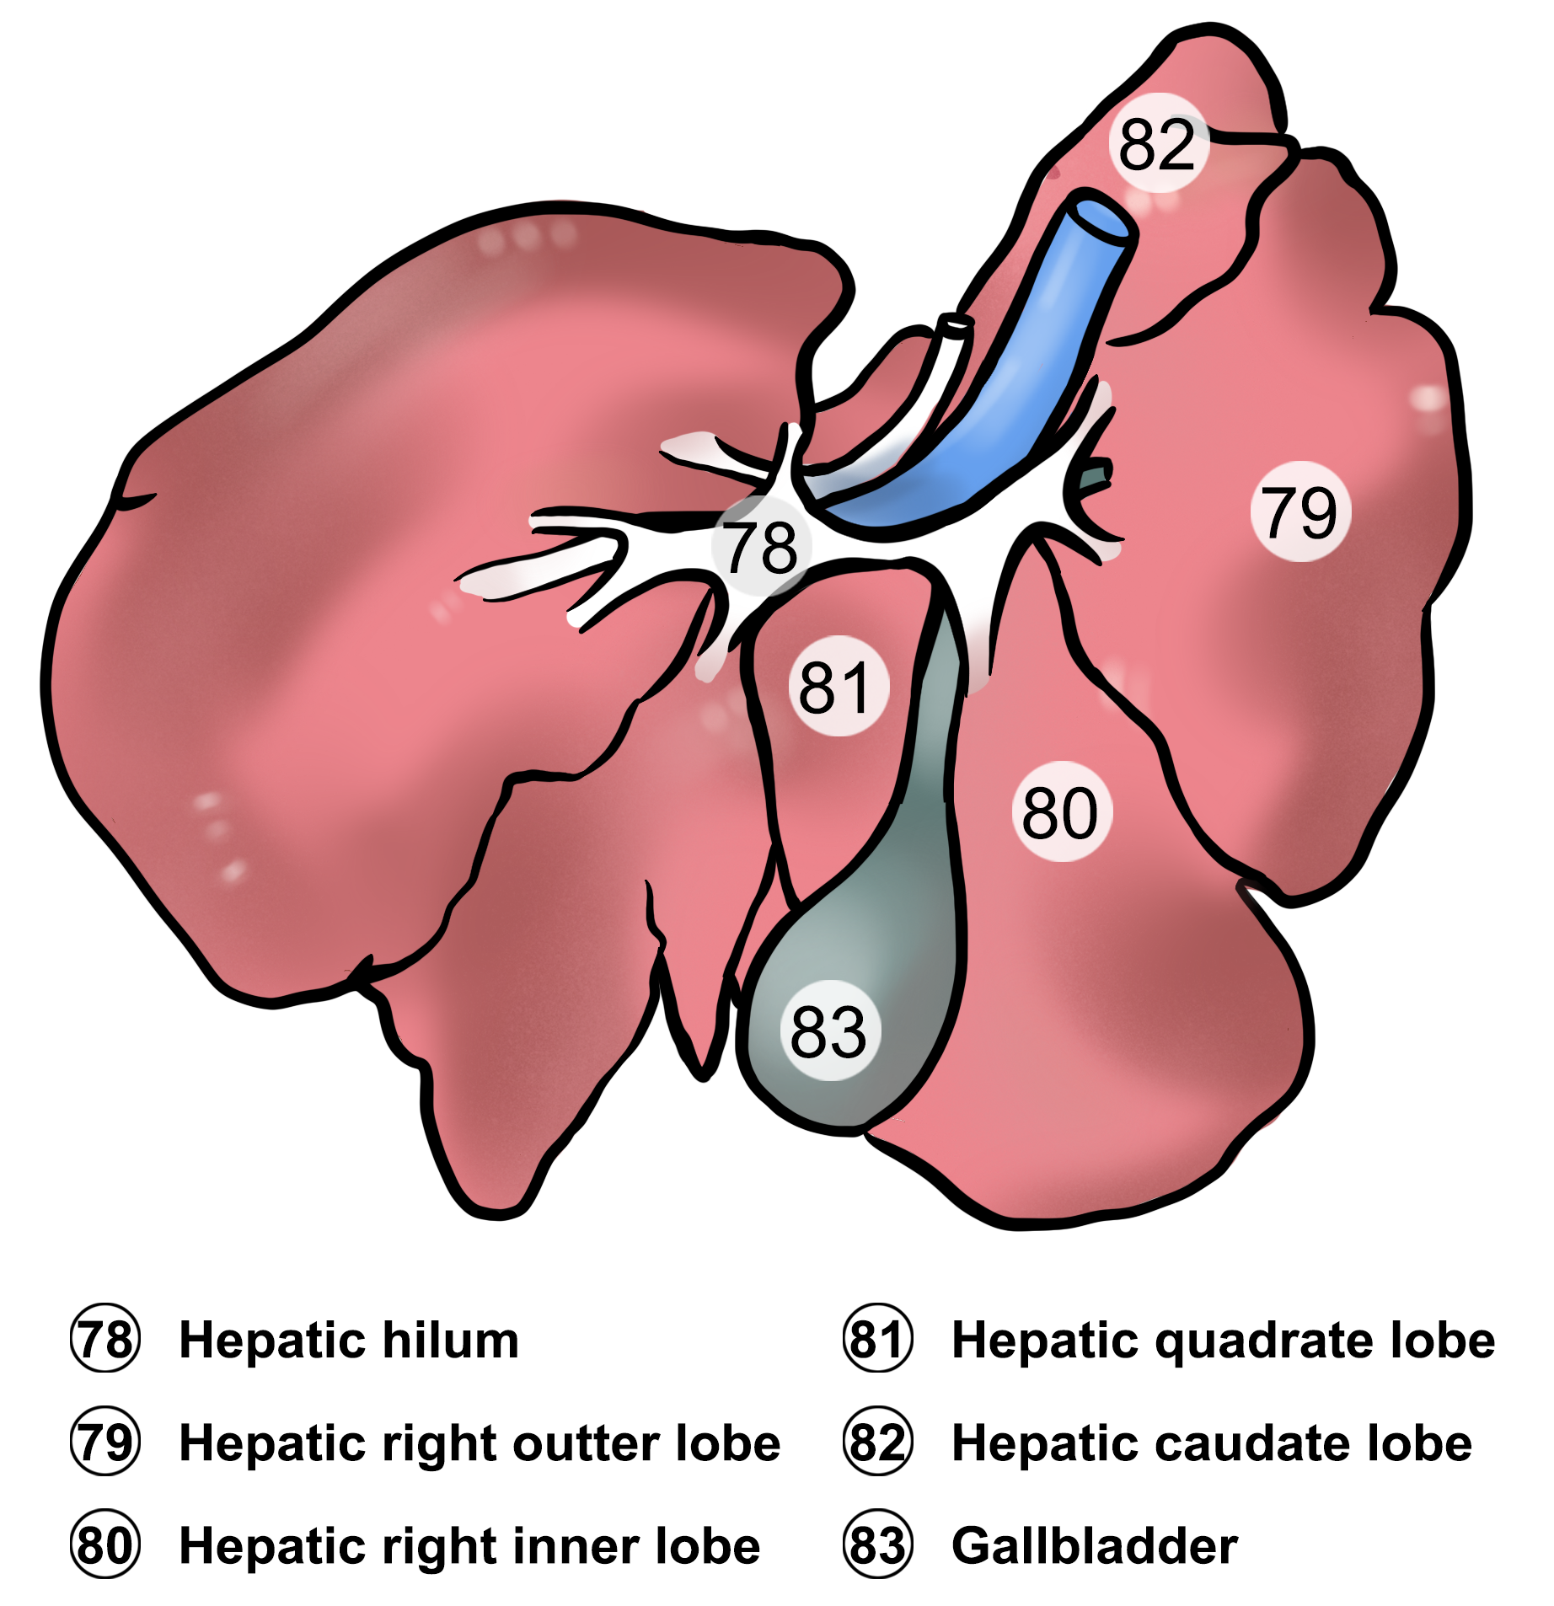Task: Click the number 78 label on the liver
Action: point(761,546)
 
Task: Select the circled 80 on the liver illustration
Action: point(1061,811)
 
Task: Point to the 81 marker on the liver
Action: point(838,686)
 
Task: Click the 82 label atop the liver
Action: point(1158,143)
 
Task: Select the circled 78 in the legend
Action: point(104,1340)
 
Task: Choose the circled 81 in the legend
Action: point(877,1340)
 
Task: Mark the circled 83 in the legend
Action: point(877,1545)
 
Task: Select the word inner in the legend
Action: point(577,1546)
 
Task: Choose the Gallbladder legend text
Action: point(1095,1546)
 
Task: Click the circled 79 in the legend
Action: point(104,1443)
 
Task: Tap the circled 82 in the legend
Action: point(877,1443)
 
